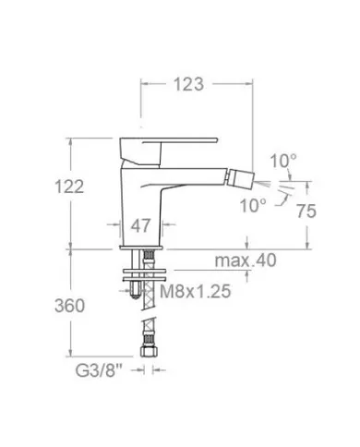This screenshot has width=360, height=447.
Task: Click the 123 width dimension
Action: point(188,84)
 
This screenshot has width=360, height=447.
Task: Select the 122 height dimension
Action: point(69,187)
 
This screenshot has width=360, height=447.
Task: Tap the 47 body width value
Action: point(140,225)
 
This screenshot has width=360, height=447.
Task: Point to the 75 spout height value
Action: point(306,211)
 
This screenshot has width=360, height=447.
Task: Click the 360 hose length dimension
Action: point(69,306)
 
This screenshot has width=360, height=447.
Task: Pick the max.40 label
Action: point(246,260)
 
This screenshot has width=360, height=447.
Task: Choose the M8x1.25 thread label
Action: point(195,291)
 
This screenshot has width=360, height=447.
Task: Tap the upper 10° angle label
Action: point(283,161)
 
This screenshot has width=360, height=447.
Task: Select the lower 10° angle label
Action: point(253,205)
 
